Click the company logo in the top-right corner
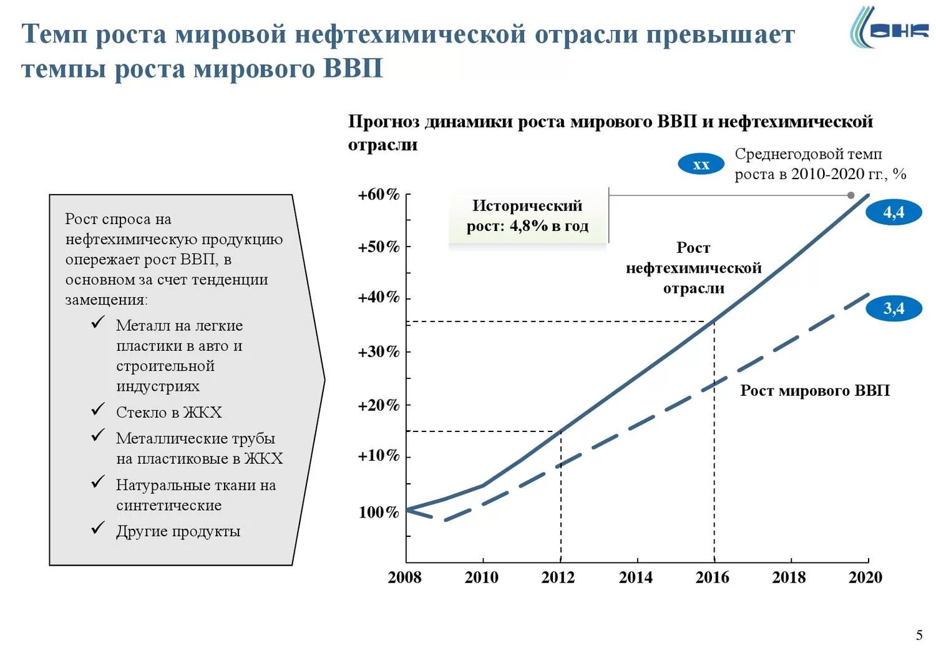tap(889, 28)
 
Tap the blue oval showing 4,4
tap(894, 213)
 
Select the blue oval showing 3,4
tap(894, 308)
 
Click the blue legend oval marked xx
tap(701, 165)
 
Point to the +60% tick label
tap(378, 195)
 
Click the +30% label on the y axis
tap(378, 352)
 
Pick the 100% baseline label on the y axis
tap(378, 513)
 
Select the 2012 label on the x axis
tap(558, 577)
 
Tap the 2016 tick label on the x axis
tap(712, 577)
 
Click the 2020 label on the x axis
tap(865, 577)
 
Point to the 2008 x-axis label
tap(404, 577)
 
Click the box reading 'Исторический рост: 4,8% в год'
tap(527, 216)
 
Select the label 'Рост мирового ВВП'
tap(814, 391)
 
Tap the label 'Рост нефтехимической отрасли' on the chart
tap(693, 268)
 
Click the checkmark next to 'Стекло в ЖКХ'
tap(98, 410)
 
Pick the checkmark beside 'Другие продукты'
tap(98, 529)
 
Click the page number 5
tap(919, 636)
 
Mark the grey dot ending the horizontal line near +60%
tap(851, 195)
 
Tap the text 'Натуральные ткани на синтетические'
tap(195, 495)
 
